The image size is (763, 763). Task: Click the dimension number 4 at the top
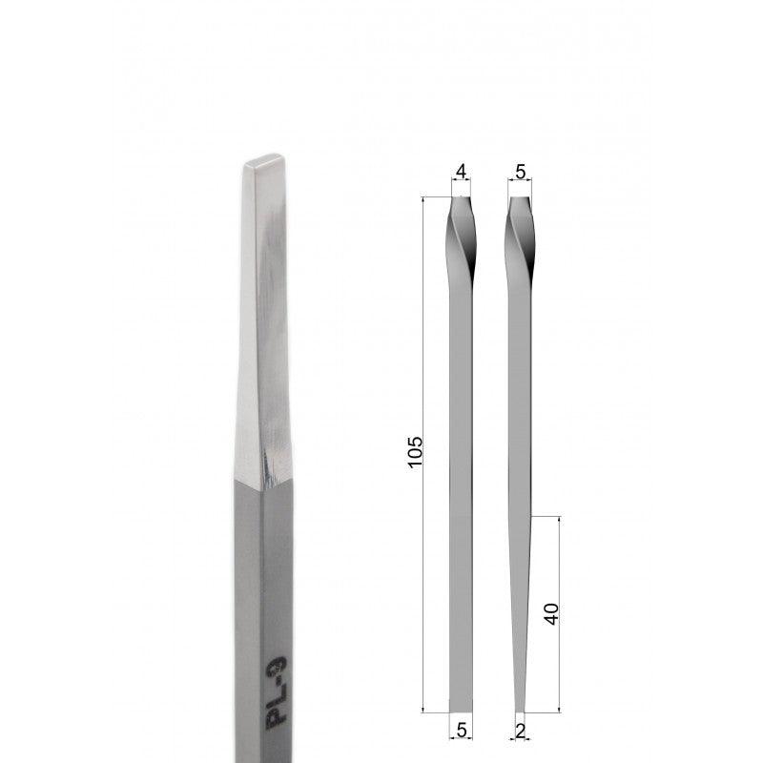click(x=462, y=172)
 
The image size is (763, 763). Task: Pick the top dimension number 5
click(x=520, y=172)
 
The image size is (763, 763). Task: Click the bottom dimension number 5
click(x=461, y=731)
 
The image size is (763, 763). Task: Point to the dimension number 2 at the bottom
click(x=520, y=731)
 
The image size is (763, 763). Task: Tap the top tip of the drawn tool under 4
click(x=462, y=201)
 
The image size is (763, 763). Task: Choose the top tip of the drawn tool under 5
click(x=520, y=201)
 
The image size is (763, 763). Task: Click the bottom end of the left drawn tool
click(x=461, y=707)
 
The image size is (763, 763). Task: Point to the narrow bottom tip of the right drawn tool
click(x=520, y=708)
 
